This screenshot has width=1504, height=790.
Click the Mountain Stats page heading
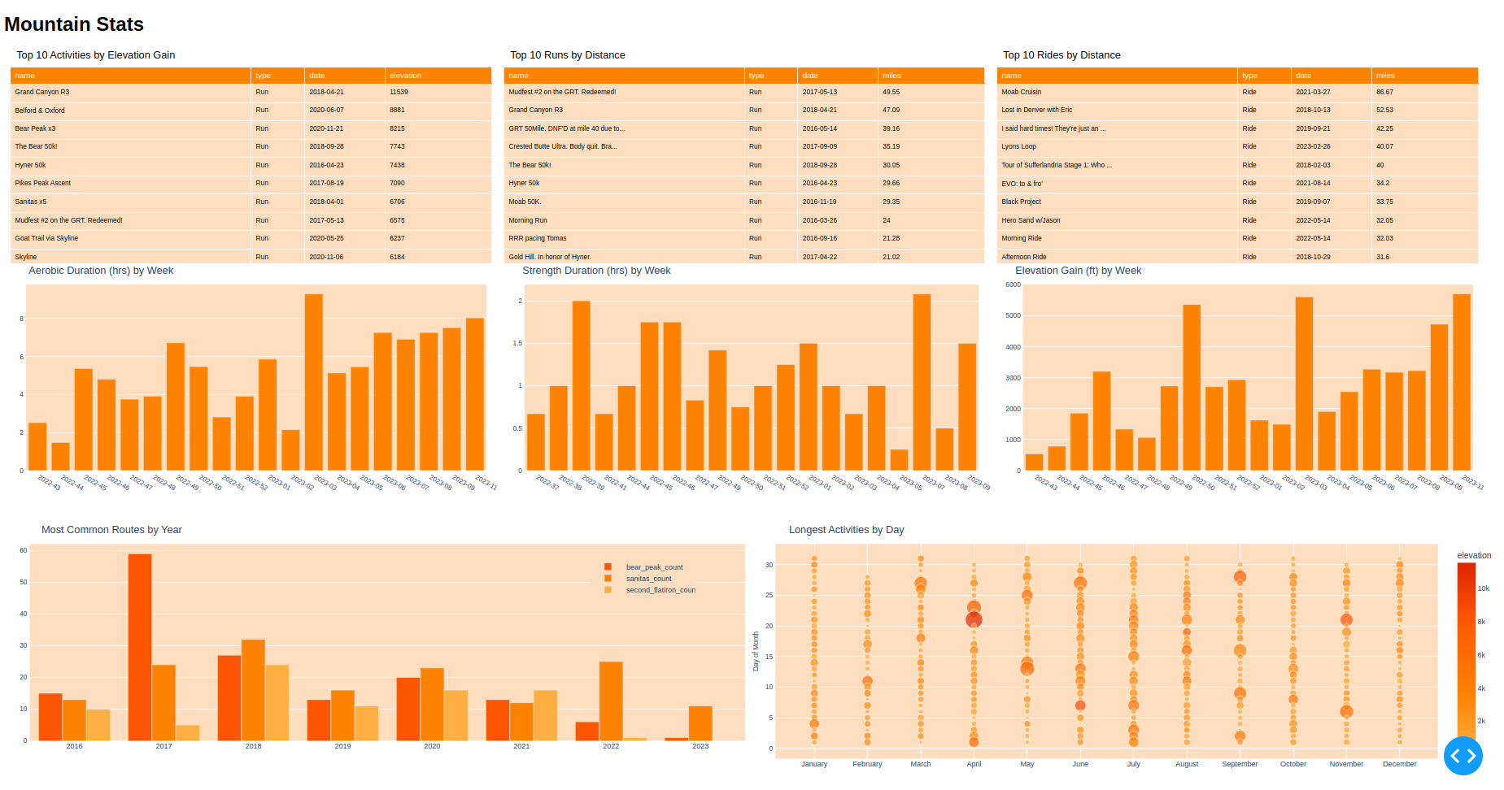click(74, 24)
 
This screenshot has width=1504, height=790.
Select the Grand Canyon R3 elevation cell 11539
click(399, 92)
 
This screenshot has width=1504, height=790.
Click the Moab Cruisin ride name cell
click(1021, 92)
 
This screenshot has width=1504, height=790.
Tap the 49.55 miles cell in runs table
click(892, 92)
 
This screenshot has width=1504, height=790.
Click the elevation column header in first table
click(405, 76)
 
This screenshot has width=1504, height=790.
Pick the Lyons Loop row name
click(1018, 147)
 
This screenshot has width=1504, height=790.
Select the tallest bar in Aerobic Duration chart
click(313, 382)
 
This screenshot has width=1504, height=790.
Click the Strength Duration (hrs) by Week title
click(596, 271)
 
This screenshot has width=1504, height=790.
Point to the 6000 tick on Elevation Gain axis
click(1013, 284)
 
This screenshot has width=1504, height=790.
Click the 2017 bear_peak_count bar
click(140, 647)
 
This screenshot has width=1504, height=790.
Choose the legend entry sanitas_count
click(648, 579)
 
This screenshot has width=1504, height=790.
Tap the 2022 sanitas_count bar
click(611, 701)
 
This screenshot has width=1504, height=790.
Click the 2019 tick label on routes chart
click(342, 746)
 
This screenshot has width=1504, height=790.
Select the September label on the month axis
click(1240, 764)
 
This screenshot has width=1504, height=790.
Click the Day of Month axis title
click(756, 651)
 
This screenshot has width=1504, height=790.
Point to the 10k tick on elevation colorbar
click(1484, 588)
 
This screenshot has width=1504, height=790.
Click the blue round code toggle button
click(1463, 756)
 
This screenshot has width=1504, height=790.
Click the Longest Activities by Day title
click(846, 530)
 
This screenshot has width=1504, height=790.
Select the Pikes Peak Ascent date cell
click(326, 184)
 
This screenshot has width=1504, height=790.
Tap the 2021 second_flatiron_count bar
click(545, 715)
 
